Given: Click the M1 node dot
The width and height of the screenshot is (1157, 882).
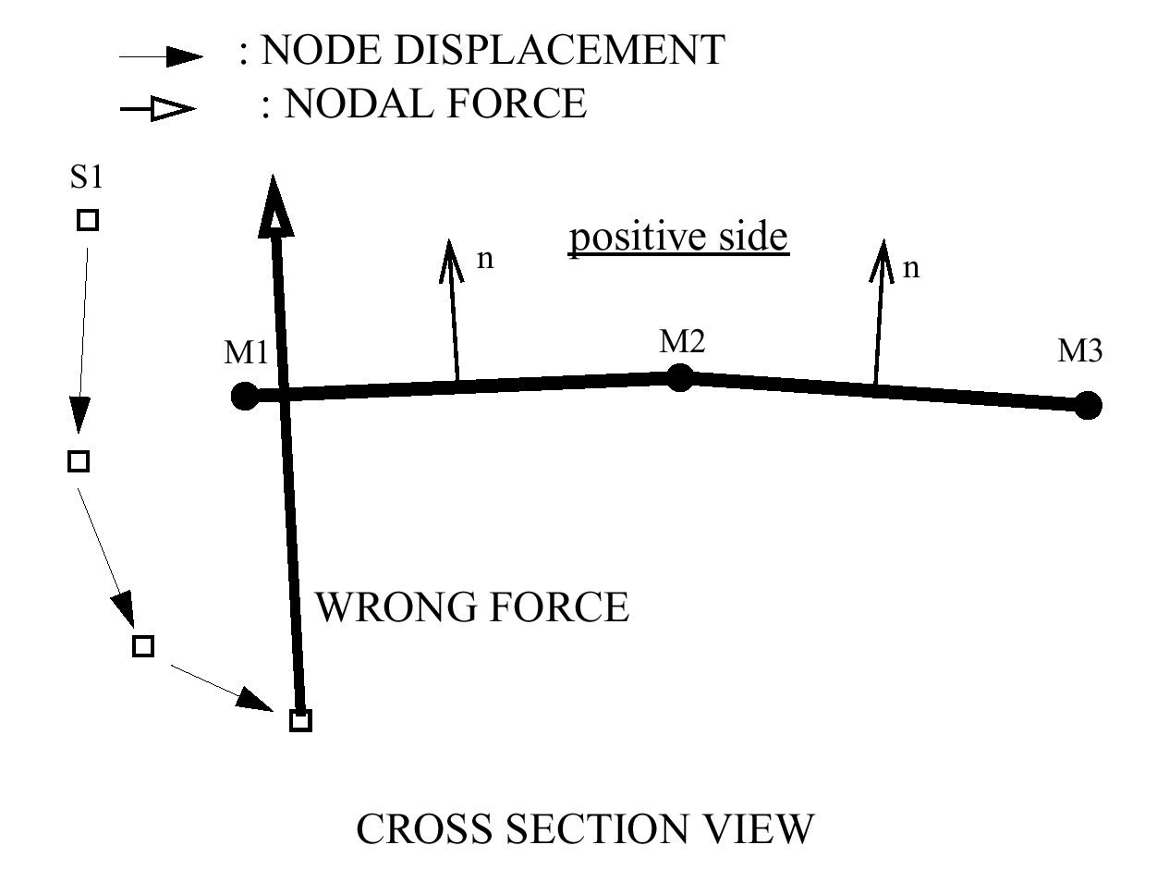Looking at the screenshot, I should [x=244, y=397].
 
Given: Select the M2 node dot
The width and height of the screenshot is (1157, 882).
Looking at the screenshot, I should [x=679, y=377].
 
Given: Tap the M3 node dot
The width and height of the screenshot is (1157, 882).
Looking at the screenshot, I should [x=1089, y=405].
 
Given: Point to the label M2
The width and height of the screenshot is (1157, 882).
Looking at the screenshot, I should [x=683, y=342].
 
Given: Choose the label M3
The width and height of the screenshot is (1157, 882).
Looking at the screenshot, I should [x=1080, y=351].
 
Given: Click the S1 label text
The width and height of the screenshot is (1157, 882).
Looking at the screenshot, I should [x=86, y=177].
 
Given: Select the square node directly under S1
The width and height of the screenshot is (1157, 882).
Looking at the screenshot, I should [x=87, y=220].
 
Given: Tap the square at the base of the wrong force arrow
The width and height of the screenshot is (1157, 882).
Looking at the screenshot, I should [x=300, y=720].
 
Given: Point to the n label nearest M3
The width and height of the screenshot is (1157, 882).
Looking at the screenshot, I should [x=911, y=269].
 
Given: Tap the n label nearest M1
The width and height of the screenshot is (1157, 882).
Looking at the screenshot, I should [x=485, y=260].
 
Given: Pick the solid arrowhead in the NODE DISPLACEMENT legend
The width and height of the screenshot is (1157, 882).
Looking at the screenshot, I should [x=184, y=57].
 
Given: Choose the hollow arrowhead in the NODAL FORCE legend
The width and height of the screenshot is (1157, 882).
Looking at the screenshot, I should [x=174, y=110].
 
